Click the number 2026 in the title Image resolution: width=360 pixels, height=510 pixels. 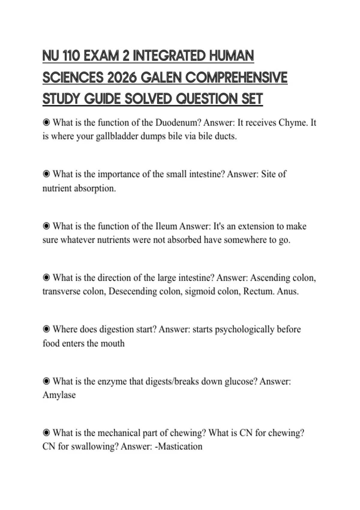[121, 78]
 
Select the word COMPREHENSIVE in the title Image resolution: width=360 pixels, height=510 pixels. [236, 78]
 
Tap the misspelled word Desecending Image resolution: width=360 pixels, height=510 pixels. [133, 292]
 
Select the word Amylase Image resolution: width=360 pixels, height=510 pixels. [59, 395]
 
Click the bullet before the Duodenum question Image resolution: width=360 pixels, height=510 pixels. [46, 122]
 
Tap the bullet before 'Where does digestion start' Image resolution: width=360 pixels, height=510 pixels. [46, 329]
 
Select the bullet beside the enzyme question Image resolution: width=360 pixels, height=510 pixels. [46, 381]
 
